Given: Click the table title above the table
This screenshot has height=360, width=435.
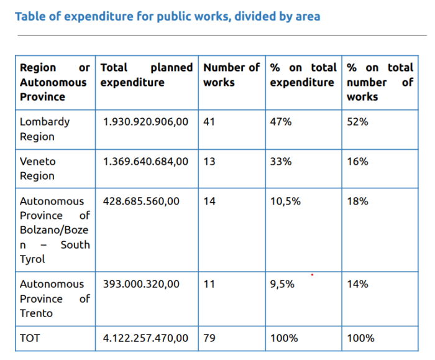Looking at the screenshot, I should tap(168, 16).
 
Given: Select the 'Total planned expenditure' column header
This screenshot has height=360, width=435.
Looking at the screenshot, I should tap(147, 75).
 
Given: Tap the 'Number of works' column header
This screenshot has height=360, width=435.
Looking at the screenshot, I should tap(231, 75).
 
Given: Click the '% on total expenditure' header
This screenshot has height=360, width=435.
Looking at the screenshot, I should tap(303, 75).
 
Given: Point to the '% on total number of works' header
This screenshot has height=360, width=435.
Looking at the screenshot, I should tap(379, 82).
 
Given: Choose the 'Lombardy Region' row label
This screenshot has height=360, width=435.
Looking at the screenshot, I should tap(45, 129).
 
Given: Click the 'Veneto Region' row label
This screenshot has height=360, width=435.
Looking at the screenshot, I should tap(38, 168).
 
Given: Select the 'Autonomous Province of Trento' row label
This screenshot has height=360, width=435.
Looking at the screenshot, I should tap(55, 298).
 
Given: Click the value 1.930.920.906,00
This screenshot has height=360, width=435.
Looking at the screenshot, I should tap(145, 122).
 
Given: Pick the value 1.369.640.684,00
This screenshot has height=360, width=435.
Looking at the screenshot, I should tap(145, 162).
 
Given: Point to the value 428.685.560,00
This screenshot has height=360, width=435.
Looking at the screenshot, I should tap(141, 201).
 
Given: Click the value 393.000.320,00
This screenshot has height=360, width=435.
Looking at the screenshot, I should tap(141, 284).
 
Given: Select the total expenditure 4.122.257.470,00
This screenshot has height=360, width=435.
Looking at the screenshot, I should tap(145, 338).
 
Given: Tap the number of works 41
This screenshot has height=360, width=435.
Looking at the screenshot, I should tap(209, 122).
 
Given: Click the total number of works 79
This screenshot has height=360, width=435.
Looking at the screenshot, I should tap(209, 338).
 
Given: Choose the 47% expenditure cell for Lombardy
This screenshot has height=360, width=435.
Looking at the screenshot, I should tap(280, 122).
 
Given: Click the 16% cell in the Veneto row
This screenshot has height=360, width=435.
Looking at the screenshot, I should tap(357, 162).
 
